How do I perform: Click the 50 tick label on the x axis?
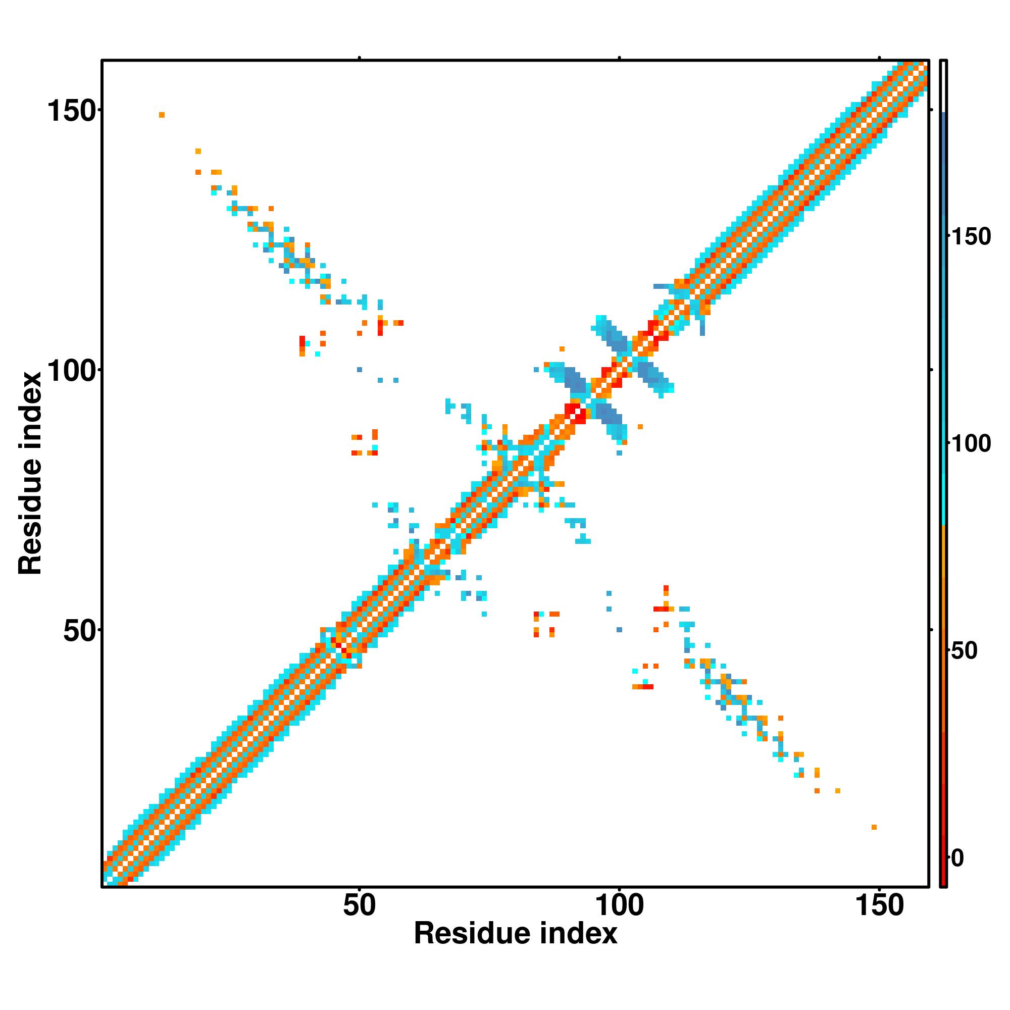click(x=359, y=905)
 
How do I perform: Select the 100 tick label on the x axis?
click(x=619, y=905)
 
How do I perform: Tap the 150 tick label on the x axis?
click(x=879, y=905)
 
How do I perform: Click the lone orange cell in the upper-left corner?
click(x=162, y=115)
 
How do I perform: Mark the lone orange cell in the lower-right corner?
click(x=874, y=827)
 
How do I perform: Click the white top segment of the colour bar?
click(x=944, y=86)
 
